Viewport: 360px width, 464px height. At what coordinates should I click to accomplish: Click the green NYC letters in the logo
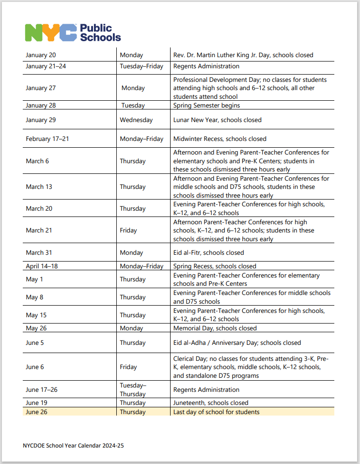(51, 32)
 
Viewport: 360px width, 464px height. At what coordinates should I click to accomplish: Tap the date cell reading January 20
(41, 55)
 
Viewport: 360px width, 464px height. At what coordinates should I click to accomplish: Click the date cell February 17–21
(47, 139)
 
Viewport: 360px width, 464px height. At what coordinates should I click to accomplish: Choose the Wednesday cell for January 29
(136, 120)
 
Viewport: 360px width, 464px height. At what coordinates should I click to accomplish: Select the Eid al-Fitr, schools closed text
(208, 253)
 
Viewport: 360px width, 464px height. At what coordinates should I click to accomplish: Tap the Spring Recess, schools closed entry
(215, 266)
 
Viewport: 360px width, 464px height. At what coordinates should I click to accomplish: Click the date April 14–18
(42, 266)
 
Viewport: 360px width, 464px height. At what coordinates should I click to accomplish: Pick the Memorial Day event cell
(215, 328)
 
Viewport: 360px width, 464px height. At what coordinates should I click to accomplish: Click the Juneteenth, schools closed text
(210, 403)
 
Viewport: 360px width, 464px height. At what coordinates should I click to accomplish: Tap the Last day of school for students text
(216, 412)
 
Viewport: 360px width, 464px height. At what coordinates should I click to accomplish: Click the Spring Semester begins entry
(206, 105)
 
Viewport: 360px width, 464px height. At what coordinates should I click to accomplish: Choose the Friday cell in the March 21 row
(128, 231)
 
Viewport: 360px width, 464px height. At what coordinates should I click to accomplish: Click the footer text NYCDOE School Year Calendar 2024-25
(73, 445)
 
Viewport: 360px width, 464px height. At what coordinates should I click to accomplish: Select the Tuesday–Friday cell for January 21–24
(141, 66)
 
